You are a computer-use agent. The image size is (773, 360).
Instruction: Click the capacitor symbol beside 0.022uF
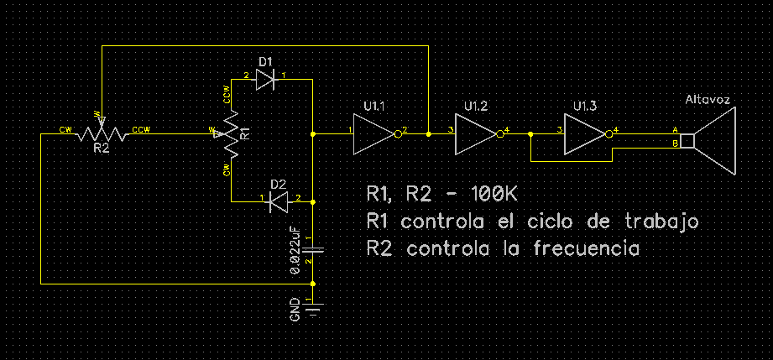(x=312, y=248)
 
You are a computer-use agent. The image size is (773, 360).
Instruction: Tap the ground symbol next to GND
(x=312, y=311)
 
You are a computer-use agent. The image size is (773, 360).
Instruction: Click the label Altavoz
(x=708, y=100)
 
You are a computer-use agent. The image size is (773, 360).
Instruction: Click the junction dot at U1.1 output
(x=429, y=133)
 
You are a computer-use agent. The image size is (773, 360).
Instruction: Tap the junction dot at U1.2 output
(x=530, y=133)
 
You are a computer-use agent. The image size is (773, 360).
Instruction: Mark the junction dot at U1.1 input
(x=312, y=133)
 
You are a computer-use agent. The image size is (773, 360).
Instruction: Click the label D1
(x=265, y=62)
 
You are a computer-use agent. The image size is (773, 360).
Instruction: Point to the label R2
(x=101, y=149)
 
